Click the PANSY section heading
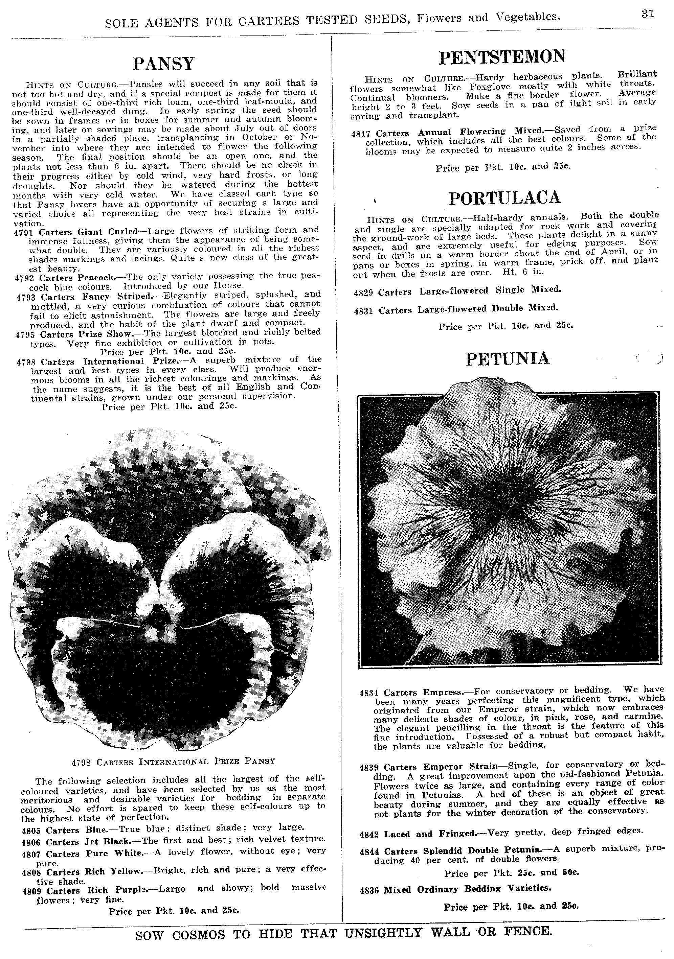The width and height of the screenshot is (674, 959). pyautogui.click(x=164, y=64)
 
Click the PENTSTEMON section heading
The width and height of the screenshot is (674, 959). pyautogui.click(x=502, y=57)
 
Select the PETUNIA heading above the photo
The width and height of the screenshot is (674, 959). pyautogui.click(x=507, y=359)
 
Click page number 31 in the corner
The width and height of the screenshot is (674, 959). pyautogui.click(x=648, y=14)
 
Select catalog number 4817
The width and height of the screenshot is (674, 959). pyautogui.click(x=361, y=133)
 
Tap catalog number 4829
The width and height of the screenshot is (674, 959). pyautogui.click(x=363, y=293)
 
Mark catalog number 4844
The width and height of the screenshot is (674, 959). pyautogui.click(x=369, y=851)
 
